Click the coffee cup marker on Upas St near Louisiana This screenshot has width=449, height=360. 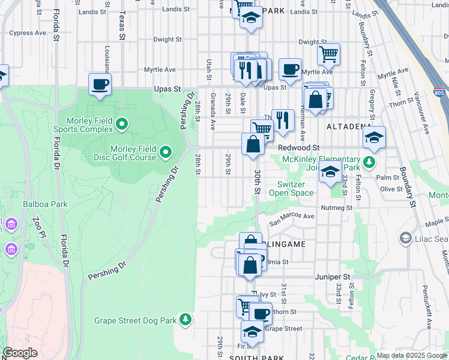(x=100, y=84)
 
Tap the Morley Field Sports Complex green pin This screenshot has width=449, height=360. (x=122, y=125)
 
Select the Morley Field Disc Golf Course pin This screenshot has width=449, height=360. (x=165, y=153)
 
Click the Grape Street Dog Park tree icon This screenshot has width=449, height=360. (x=186, y=320)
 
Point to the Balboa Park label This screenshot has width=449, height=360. (x=45, y=204)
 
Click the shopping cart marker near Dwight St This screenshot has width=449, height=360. (x=328, y=54)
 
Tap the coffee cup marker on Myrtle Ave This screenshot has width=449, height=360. (x=290, y=69)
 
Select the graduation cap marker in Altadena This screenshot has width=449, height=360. (x=374, y=138)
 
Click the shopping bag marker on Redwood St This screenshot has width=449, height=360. (x=253, y=144)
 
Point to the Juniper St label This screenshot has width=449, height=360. (x=333, y=277)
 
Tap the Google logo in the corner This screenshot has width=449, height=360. (x=19, y=353)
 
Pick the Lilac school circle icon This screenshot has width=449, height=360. (x=406, y=239)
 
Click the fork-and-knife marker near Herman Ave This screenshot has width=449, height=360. (x=282, y=120)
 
